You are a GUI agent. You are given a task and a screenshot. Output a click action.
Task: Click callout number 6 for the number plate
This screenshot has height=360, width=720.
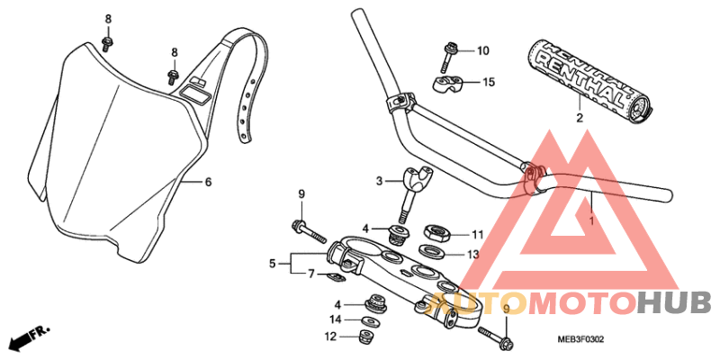coord(208,182)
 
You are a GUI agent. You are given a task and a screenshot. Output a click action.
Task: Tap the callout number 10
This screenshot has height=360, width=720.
coord(482,50)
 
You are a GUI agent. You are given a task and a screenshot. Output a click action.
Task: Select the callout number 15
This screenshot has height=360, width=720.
coord(489,83)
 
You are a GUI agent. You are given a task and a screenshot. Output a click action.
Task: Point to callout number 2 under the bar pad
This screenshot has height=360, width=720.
coord(580,118)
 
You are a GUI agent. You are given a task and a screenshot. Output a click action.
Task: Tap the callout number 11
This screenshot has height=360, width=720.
coord(478,235)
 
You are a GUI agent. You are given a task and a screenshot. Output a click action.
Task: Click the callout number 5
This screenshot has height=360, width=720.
coord(272,264)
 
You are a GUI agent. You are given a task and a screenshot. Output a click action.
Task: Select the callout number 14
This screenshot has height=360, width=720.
coord(335,319)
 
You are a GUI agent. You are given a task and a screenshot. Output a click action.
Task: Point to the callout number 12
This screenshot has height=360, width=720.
coord(331,337)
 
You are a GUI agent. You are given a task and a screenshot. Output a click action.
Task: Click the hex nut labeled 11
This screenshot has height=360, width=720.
coord(436,233)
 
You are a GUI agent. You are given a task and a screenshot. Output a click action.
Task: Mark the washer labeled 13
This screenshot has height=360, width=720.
coord(436,251)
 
